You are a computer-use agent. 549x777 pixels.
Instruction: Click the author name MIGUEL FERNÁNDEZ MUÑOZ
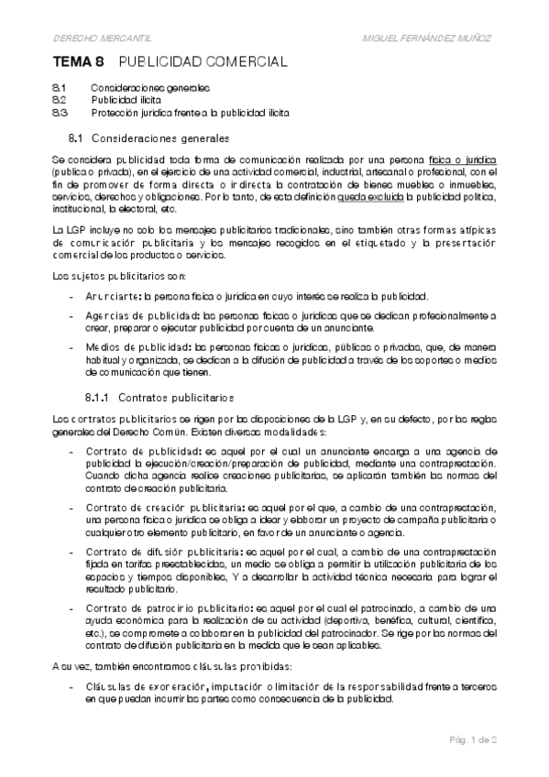click(429, 38)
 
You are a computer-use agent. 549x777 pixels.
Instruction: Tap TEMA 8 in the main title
click(78, 62)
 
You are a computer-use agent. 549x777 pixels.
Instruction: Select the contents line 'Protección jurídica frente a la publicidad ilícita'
click(190, 113)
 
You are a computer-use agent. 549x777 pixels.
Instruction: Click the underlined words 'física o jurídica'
click(462, 159)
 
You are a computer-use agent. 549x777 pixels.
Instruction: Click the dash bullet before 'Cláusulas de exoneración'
click(71, 685)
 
